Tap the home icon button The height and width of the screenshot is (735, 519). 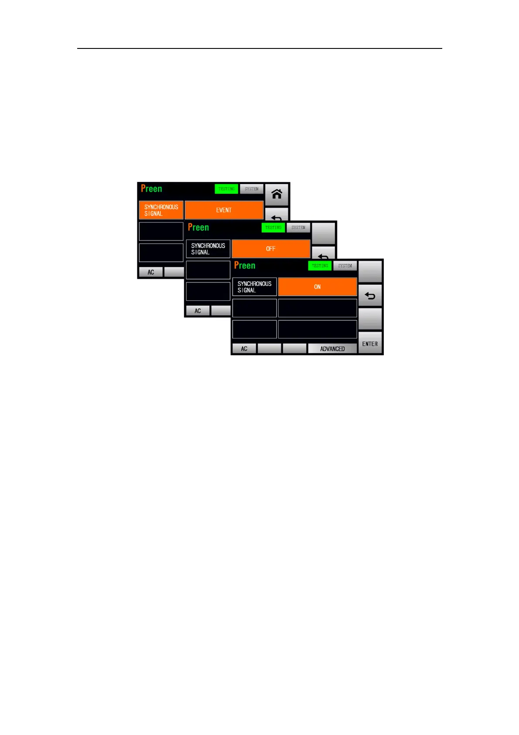click(277, 194)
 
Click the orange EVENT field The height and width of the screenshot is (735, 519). click(224, 210)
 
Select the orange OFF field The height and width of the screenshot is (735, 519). click(271, 248)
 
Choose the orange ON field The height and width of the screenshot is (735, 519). click(318, 287)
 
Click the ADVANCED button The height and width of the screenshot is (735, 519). click(332, 349)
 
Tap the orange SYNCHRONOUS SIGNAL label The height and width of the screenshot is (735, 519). click(161, 210)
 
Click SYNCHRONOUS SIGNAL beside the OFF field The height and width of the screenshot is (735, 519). click(208, 249)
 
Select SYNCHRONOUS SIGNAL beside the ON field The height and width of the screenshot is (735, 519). click(254, 287)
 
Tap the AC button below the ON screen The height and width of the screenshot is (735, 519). click(244, 349)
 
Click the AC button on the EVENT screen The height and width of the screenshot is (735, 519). click(151, 272)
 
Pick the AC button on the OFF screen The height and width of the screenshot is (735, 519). click(198, 311)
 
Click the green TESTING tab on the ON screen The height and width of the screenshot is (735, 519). click(320, 265)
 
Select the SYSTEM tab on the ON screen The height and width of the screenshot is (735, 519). click(345, 265)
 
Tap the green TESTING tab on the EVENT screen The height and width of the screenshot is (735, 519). click(226, 189)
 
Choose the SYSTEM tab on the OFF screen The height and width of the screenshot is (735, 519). click(298, 227)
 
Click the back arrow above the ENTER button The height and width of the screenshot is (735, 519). click(370, 296)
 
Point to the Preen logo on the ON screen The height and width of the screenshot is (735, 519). click(245, 265)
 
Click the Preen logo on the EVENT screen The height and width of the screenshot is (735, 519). click(151, 189)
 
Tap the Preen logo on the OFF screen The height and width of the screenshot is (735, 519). click(198, 227)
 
